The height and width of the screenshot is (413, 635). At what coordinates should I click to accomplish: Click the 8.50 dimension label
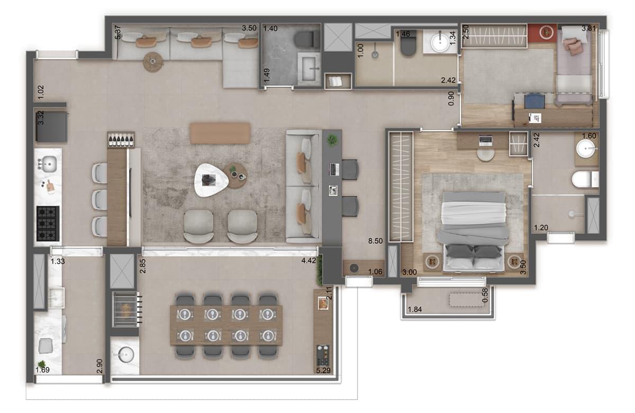tap(375, 241)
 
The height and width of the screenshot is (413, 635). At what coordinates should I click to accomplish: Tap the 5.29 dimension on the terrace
tap(323, 370)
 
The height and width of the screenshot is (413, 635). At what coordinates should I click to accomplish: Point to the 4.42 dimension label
tap(309, 260)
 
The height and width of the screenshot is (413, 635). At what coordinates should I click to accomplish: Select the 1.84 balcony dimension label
tap(415, 309)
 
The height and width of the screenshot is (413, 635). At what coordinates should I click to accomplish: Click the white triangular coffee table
tap(211, 180)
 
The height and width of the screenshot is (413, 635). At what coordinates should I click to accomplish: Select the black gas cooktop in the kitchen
tap(48, 224)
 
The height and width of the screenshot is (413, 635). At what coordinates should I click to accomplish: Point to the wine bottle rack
tap(121, 140)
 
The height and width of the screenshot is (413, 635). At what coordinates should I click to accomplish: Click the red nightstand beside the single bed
tap(542, 33)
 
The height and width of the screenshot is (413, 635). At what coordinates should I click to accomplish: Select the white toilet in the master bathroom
tap(585, 180)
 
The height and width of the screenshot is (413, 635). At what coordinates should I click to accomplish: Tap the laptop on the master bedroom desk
tap(485, 141)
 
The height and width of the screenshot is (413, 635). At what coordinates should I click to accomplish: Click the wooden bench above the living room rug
tap(220, 133)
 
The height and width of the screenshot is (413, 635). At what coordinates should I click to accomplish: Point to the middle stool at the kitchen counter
tap(99, 200)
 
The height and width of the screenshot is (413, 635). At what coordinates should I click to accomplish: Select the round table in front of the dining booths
tap(153, 62)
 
